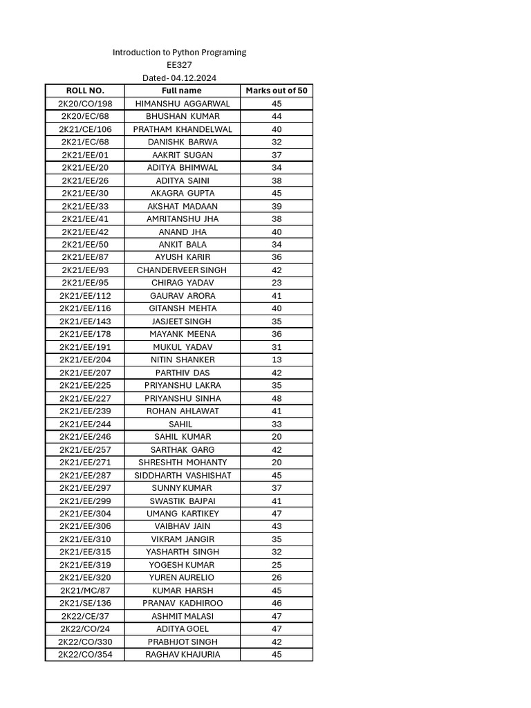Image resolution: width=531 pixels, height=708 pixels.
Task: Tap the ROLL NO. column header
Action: [85, 91]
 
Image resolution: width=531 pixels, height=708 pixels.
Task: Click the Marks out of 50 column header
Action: [277, 91]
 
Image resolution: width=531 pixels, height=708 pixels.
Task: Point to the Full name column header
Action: [182, 91]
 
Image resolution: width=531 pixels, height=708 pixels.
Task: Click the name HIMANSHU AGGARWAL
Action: [183, 104]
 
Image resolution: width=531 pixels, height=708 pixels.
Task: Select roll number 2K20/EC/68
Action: [85, 116]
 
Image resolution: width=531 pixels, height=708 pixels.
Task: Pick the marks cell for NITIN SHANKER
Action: [277, 360]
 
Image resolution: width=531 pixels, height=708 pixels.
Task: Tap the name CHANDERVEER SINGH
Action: [182, 270]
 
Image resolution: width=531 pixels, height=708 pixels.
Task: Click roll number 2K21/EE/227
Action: [85, 398]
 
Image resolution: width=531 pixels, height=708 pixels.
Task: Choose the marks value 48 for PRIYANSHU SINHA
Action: [277, 398]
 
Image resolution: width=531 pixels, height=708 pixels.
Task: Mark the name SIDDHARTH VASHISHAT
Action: [183, 476]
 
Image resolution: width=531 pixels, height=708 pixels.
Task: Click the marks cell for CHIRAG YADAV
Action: [277, 283]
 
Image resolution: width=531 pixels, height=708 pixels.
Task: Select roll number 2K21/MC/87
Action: [85, 590]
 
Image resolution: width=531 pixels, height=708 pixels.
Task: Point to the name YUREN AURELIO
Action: [183, 577]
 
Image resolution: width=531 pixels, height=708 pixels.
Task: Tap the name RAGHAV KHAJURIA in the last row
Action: [183, 654]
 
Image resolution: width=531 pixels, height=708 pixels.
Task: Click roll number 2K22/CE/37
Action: [85, 616]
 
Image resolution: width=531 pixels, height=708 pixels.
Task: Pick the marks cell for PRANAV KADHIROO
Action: [277, 604]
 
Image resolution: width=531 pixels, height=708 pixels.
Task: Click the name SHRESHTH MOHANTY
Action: [183, 463]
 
